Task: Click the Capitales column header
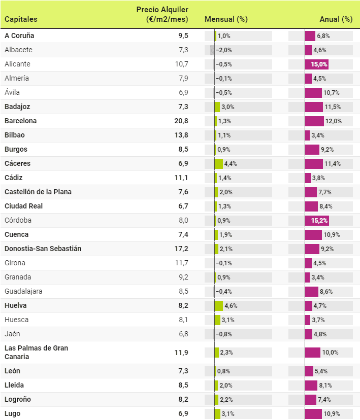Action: pyautogui.click(x=21, y=19)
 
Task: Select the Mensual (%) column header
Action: pyautogui.click(x=226, y=19)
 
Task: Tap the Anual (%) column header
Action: pyautogui.click(x=336, y=19)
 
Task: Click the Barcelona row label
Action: pyautogui.click(x=21, y=121)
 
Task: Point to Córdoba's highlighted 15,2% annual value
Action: pyautogui.click(x=317, y=221)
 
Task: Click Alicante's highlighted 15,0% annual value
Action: pyautogui.click(x=316, y=64)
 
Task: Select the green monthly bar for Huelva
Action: pyautogui.click(x=219, y=306)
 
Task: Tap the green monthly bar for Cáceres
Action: pyautogui.click(x=219, y=164)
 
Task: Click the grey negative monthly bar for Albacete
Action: pyautogui.click(x=212, y=50)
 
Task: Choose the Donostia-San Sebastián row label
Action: pyautogui.click(x=43, y=249)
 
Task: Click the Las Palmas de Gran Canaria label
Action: pyautogui.click(x=36, y=353)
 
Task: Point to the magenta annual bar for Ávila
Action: pyautogui.click(x=313, y=93)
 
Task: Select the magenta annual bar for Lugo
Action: pyautogui.click(x=313, y=414)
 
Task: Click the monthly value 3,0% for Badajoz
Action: pyautogui.click(x=227, y=107)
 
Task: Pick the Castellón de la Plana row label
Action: pyautogui.click(x=38, y=192)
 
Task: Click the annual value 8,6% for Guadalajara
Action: pyautogui.click(x=325, y=292)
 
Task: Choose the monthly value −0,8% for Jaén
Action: pyautogui.click(x=223, y=334)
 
